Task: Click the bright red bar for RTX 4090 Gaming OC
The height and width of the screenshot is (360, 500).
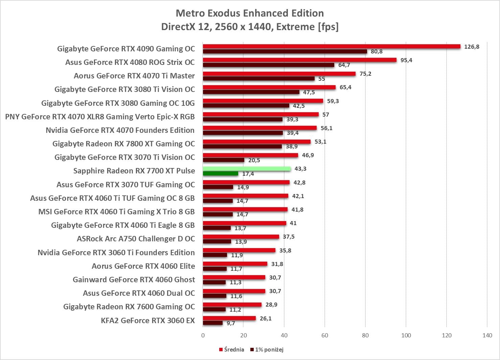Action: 332,46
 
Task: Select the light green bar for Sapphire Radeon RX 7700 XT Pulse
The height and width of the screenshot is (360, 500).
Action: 247,169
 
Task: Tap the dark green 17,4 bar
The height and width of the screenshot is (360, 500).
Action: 221,174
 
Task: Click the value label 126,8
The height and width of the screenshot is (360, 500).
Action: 472,47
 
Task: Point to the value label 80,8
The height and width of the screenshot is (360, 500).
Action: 377,51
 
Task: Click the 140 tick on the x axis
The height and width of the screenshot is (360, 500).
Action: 487,335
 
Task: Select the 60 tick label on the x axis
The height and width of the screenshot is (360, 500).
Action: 325,335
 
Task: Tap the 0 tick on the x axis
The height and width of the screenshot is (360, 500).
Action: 203,335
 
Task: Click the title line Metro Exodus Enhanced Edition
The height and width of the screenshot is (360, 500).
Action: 250,13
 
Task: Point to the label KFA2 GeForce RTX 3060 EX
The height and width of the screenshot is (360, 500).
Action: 147,320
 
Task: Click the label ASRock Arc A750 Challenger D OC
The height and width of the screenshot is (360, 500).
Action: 136,239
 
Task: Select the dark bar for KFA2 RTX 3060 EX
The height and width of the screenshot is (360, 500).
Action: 213,323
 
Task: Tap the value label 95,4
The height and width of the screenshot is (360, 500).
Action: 406,60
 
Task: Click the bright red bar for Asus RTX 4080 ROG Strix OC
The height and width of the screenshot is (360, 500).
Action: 299,60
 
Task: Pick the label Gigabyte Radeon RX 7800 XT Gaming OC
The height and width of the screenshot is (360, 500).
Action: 123,144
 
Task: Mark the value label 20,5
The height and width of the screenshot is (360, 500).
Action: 254,160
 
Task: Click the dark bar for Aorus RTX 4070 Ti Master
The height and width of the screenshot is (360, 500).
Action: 259,78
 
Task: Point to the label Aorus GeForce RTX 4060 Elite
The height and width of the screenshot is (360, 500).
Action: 143,266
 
